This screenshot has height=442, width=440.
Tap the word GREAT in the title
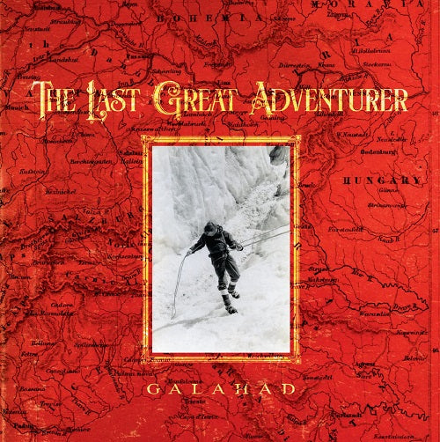[194, 98]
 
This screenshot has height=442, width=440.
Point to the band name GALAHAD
[220, 388]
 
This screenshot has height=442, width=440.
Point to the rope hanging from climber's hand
[179, 282]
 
